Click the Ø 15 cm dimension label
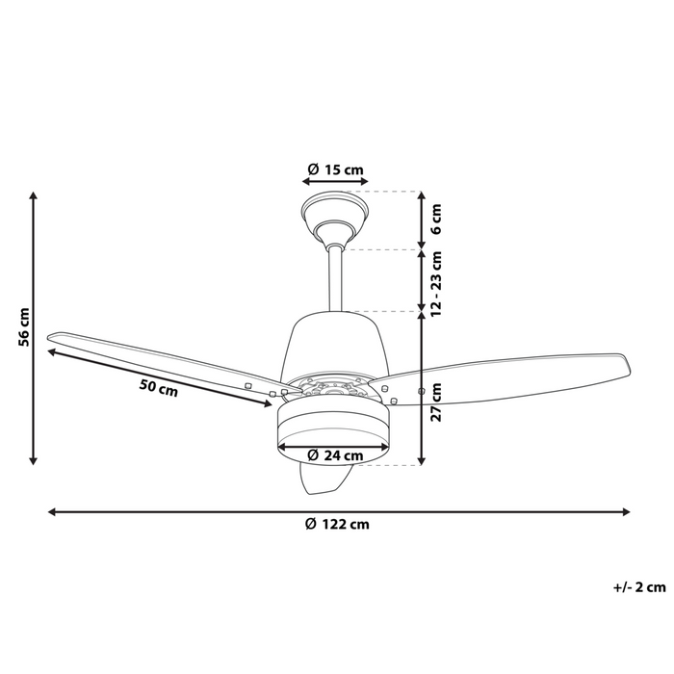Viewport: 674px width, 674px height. [x=335, y=170]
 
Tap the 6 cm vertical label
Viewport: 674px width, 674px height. [x=436, y=220]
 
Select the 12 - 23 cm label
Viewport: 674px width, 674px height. [x=436, y=280]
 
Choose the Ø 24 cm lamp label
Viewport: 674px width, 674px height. [x=335, y=455]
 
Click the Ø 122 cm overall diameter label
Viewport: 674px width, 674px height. [x=337, y=525]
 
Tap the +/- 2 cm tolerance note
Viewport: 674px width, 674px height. [x=639, y=586]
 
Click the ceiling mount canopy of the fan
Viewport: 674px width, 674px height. [x=333, y=215]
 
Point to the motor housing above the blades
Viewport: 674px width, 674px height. [x=332, y=342]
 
